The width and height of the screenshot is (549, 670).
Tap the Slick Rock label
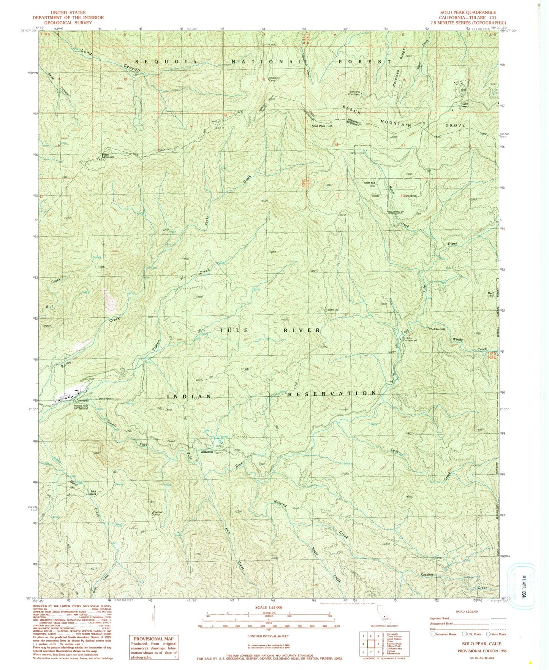click(x=93, y=493)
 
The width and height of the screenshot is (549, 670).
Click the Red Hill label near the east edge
click(x=490, y=295)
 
